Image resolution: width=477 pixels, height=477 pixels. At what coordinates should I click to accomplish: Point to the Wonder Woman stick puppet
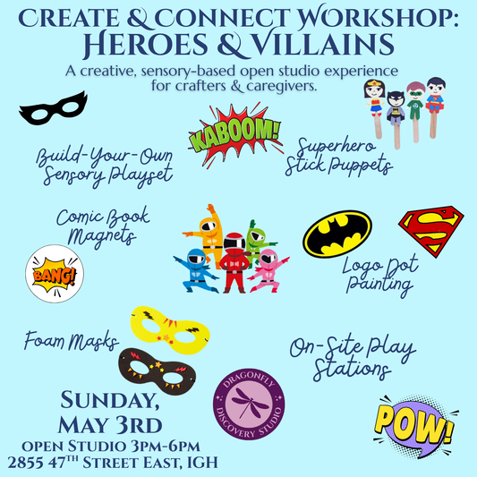(x=374, y=99)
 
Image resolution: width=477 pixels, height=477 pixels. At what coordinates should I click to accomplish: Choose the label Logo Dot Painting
(x=375, y=277)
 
